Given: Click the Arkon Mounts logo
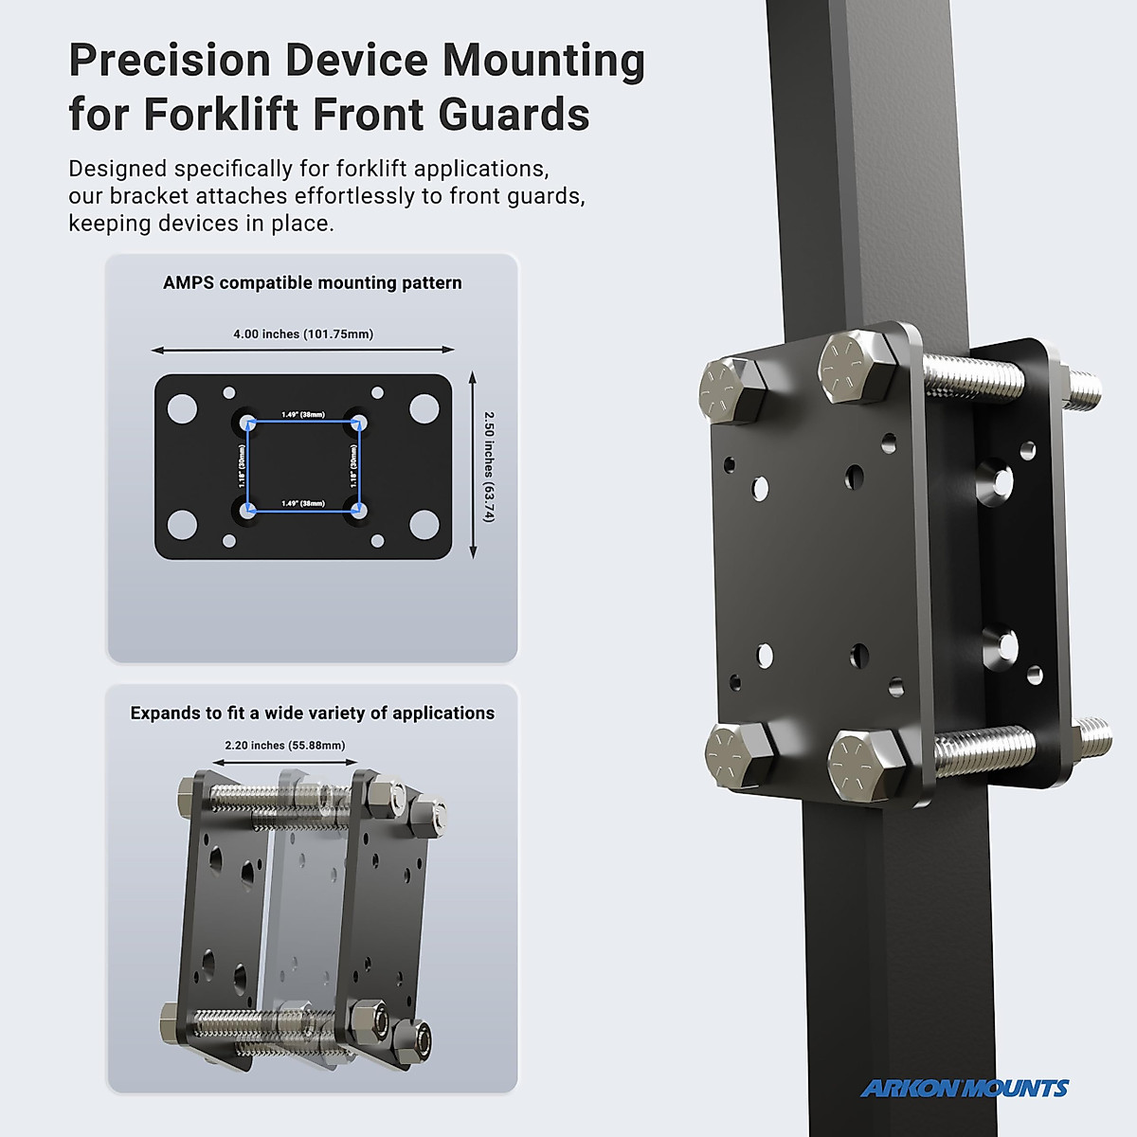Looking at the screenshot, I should click(964, 1089).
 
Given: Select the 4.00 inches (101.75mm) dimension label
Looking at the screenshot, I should click(303, 334).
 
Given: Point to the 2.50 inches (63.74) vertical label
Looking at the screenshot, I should click(488, 466).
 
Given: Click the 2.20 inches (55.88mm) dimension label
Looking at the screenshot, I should click(285, 745).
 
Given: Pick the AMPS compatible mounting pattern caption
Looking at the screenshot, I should click(313, 282).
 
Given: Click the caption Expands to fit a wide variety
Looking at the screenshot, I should click(313, 713).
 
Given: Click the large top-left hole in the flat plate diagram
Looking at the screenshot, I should click(183, 409).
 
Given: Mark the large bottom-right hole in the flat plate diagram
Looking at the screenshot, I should click(424, 524).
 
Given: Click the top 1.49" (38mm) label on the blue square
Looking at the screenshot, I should click(303, 415).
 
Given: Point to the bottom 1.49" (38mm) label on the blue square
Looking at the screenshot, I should click(303, 503).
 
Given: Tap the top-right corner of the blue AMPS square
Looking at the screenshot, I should click(359, 423).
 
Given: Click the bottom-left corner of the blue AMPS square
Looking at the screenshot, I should click(247, 511).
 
